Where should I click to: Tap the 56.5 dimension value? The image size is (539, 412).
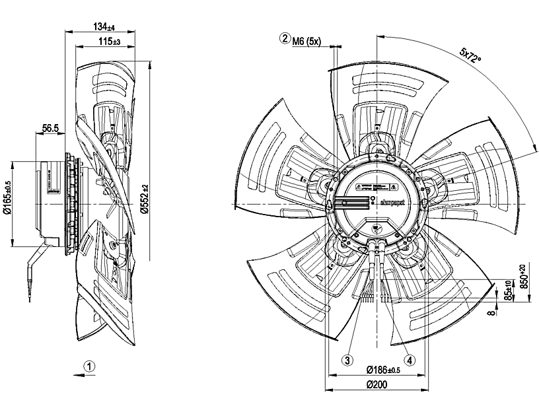pyautogui.click(x=51, y=128)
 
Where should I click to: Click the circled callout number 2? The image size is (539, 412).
pyautogui.click(x=285, y=39)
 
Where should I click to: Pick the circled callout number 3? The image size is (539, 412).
pyautogui.click(x=345, y=360)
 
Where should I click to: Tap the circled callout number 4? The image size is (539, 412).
pyautogui.click(x=410, y=360)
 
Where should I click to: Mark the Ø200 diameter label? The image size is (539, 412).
pyautogui.click(x=375, y=385)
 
